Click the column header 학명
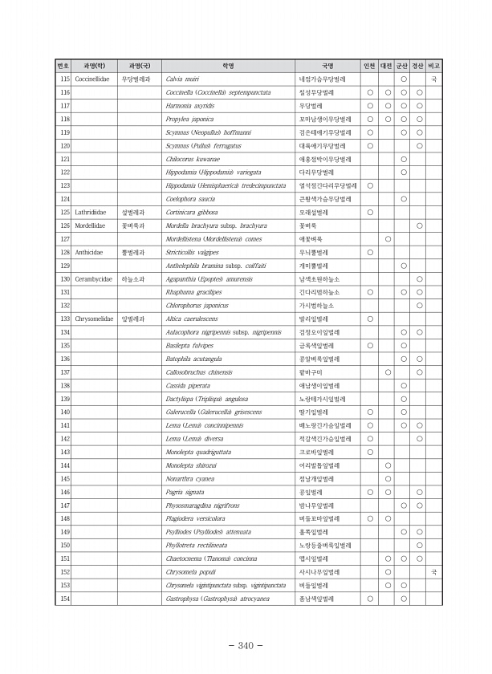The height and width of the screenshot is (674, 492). click(227, 66)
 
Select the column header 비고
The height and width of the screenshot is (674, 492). click(434, 66)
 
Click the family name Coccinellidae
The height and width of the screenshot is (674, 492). click(83, 79)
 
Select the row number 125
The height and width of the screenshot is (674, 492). click(66, 212)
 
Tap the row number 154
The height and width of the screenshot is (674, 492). click(66, 598)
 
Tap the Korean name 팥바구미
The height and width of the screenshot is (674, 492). click(310, 372)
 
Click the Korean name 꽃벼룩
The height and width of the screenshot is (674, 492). click(307, 225)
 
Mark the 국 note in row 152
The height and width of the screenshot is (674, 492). click(434, 571)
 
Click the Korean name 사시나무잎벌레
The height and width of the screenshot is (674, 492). click(320, 571)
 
